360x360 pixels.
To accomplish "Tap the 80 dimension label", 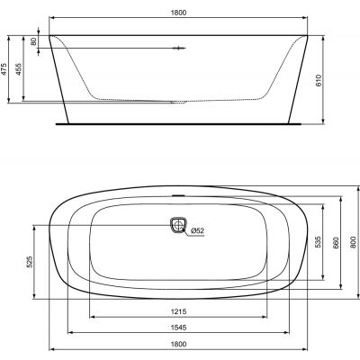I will coord(33,41).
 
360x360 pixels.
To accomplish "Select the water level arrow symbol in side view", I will coord(176,47).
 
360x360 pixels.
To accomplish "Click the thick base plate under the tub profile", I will coord(179,117).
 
